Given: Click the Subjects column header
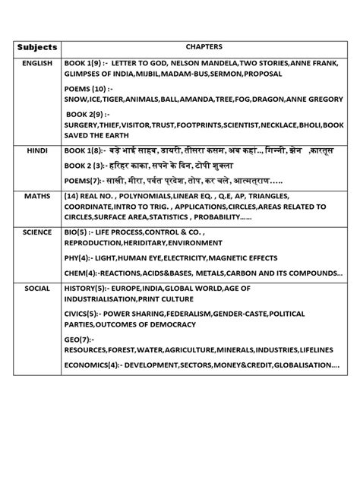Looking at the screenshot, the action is coord(36,47).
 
